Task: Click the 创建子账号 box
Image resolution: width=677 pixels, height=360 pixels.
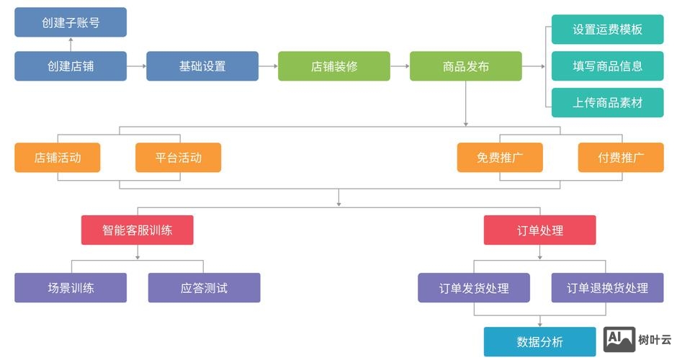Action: click(71, 22)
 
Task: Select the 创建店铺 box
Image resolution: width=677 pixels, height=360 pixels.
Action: click(71, 66)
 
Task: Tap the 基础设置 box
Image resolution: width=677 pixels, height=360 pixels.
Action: click(202, 66)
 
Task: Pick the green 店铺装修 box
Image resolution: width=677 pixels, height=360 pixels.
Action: click(334, 66)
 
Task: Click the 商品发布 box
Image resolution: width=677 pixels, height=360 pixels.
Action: click(466, 66)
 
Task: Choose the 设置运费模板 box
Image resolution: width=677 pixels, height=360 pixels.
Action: click(607, 30)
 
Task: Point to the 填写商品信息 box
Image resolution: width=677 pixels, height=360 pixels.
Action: click(607, 66)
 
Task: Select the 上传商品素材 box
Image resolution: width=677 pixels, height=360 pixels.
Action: click(607, 102)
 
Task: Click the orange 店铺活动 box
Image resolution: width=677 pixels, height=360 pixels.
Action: click(58, 158)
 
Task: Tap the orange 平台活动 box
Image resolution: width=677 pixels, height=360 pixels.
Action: click(179, 158)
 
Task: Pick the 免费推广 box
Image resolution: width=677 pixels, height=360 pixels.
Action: click(500, 158)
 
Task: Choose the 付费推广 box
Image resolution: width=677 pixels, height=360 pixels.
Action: click(621, 158)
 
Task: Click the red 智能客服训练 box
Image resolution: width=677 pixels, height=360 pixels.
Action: click(138, 230)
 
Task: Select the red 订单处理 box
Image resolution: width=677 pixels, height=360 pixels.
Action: click(540, 230)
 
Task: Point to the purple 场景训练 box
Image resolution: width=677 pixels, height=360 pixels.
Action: click(71, 288)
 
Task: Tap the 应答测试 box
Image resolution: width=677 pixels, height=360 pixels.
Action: click(204, 288)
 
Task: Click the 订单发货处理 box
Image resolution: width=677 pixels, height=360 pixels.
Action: click(474, 288)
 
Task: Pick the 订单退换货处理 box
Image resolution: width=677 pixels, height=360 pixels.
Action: click(607, 288)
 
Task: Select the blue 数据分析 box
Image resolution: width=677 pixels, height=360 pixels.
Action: click(540, 342)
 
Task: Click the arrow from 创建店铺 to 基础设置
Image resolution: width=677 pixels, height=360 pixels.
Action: click(137, 66)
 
